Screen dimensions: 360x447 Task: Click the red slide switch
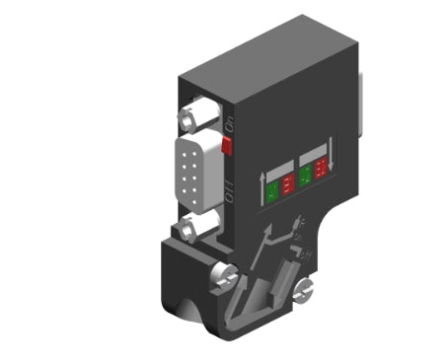pyautogui.click(x=225, y=147)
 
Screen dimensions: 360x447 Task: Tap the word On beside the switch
pyautogui.click(x=229, y=124)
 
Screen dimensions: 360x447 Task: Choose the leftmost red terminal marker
pyautogui.click(x=287, y=181)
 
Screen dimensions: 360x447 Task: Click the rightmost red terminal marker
pyautogui.click(x=323, y=176)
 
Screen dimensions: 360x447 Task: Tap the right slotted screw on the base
pyautogui.click(x=305, y=289)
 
